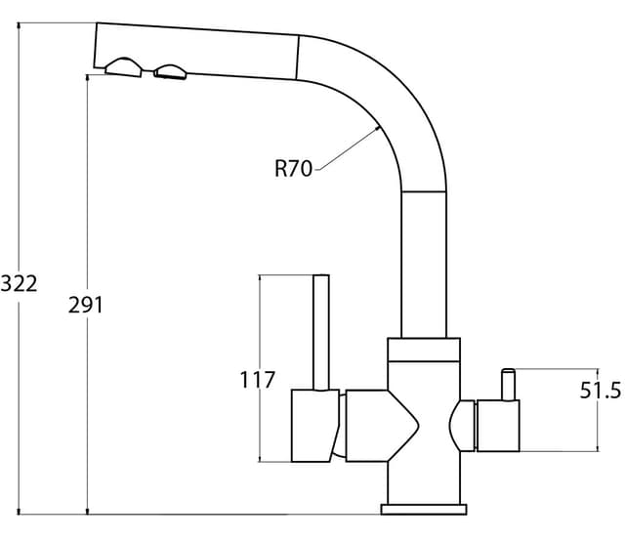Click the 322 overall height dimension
click(19, 284)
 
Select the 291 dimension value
click(86, 306)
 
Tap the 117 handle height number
click(258, 380)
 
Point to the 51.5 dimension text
click(601, 391)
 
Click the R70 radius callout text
click(293, 168)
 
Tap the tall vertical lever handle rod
click(321, 332)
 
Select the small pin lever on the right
click(509, 385)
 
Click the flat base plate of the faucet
click(424, 510)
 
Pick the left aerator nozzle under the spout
click(124, 67)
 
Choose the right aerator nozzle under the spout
click(171, 71)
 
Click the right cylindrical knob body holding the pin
click(498, 426)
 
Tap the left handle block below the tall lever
click(314, 426)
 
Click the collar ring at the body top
click(424, 350)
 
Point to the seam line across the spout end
click(298, 57)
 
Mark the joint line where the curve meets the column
click(424, 192)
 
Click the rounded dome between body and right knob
click(462, 426)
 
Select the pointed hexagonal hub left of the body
click(382, 426)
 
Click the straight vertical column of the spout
click(424, 265)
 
